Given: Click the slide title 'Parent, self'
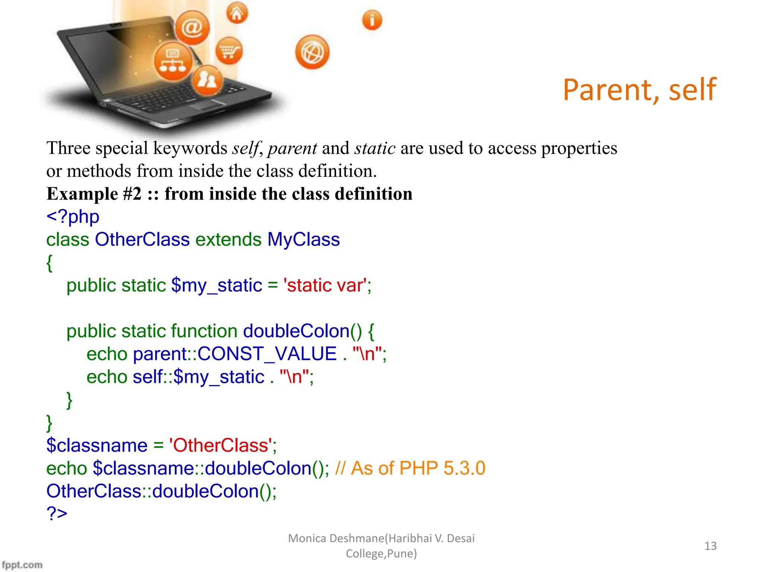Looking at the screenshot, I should pyautogui.click(x=639, y=90).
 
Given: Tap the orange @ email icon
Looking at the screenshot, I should pyautogui.click(x=192, y=28).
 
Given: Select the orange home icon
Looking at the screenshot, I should pyautogui.click(x=237, y=13).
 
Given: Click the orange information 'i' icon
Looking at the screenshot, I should pyautogui.click(x=372, y=20).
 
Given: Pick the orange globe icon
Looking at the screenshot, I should pyautogui.click(x=312, y=53).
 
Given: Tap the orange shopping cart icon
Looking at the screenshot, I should pyautogui.click(x=229, y=50).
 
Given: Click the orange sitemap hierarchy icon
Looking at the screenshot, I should pyautogui.click(x=173, y=61).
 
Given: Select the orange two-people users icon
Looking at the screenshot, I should pyautogui.click(x=207, y=80).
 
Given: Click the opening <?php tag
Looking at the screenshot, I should pyautogui.click(x=73, y=216).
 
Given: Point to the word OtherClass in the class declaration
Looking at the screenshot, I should pyautogui.click(x=142, y=239).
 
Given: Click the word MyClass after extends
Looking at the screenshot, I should pyautogui.click(x=303, y=239).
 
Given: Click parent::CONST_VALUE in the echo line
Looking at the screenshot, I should pyautogui.click(x=235, y=354).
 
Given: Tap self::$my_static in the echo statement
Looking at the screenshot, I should pyautogui.click(x=198, y=377).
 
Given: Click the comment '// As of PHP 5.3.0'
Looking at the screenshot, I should pyautogui.click(x=410, y=468).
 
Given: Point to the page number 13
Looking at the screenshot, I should pyautogui.click(x=710, y=546).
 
